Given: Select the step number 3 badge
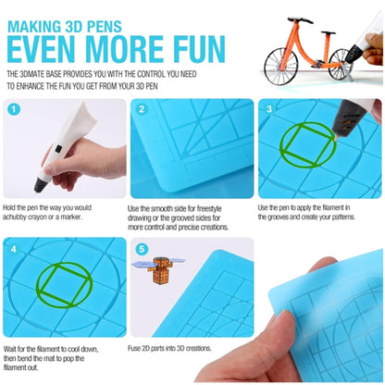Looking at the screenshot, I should pos(269,110).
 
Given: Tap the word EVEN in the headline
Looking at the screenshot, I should pos(41,45).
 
